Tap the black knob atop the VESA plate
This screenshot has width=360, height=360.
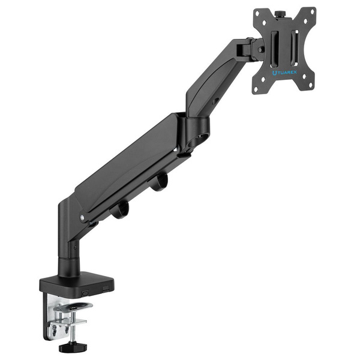[x=278, y=14]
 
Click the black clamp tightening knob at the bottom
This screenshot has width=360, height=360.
[x=73, y=347]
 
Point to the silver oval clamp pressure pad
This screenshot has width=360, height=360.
[x=73, y=307]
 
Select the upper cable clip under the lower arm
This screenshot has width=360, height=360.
[x=158, y=181]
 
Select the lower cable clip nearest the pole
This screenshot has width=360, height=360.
[x=119, y=209]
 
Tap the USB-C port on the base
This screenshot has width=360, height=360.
[x=85, y=293]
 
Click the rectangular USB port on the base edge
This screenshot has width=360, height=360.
[x=106, y=288]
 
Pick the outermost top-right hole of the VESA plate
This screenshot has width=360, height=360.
[x=312, y=11]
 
